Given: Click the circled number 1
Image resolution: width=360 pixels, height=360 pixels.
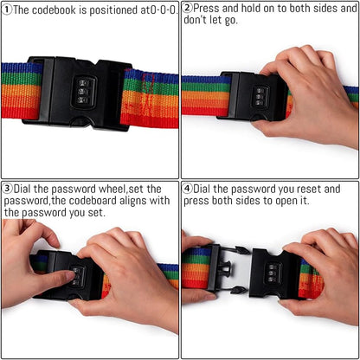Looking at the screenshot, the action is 7,10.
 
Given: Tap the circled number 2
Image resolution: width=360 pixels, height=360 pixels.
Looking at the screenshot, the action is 188,8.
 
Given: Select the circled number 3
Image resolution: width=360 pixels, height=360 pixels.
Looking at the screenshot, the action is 8,189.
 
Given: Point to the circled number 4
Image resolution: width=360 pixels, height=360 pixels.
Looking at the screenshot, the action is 188,189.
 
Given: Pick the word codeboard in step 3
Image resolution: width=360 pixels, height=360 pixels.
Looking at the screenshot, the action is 93,201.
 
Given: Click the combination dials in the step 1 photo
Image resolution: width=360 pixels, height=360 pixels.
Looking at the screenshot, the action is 83,92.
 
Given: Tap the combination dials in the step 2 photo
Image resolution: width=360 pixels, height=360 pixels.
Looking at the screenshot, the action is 259,97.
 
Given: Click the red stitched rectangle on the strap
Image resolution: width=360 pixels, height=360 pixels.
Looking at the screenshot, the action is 148,83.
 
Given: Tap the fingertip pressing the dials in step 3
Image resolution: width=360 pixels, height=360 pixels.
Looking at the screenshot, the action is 70,275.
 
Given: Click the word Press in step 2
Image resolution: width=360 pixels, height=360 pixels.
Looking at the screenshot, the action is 206,8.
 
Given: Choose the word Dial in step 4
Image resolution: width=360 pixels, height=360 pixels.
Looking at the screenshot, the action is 202,189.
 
